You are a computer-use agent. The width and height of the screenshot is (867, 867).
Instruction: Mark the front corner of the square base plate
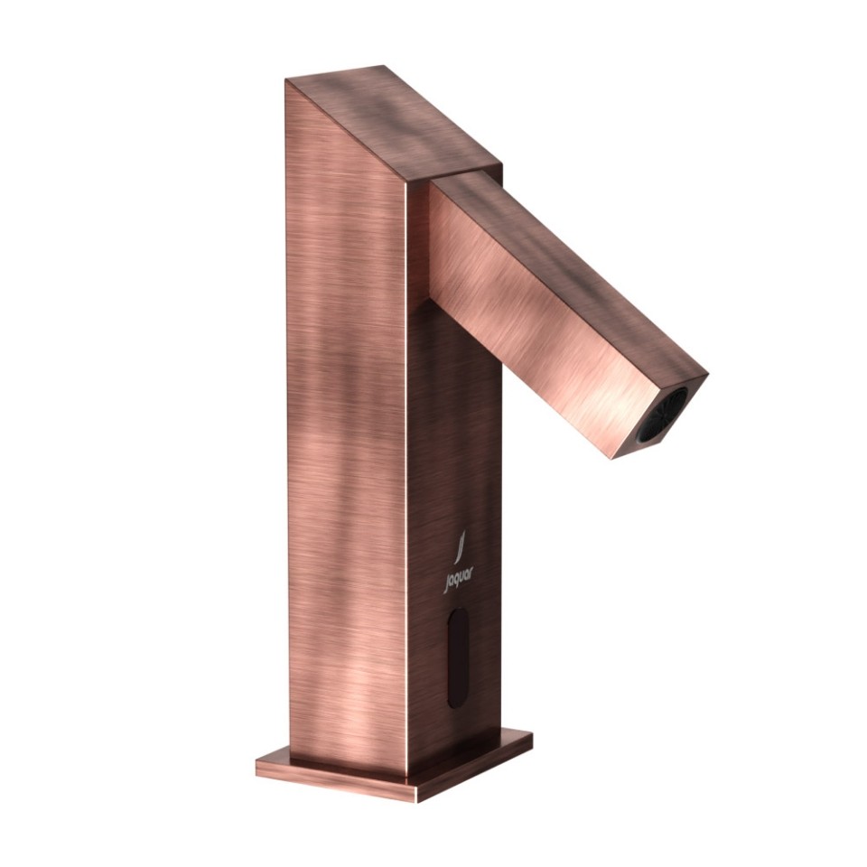[x=418, y=798]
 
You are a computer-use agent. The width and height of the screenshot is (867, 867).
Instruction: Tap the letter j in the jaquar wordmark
[x=447, y=584]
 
